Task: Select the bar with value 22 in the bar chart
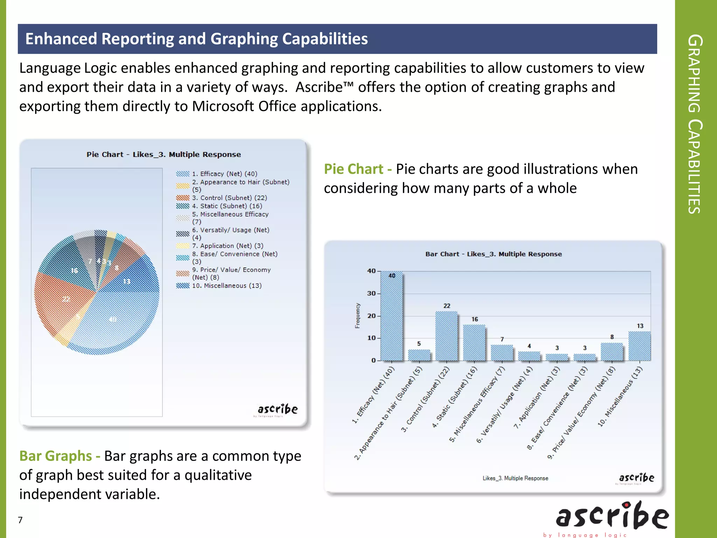(446, 336)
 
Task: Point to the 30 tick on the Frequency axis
(371, 294)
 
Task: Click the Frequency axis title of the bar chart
(357, 316)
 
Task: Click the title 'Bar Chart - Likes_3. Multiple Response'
(493, 254)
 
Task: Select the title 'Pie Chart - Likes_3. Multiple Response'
(163, 154)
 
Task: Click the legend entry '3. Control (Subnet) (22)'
(229, 198)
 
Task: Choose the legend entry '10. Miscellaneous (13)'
(227, 286)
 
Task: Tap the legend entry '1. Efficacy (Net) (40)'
(224, 174)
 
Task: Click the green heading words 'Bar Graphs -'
(60, 456)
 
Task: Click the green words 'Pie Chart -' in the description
(357, 169)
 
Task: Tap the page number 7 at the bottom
(20, 520)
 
